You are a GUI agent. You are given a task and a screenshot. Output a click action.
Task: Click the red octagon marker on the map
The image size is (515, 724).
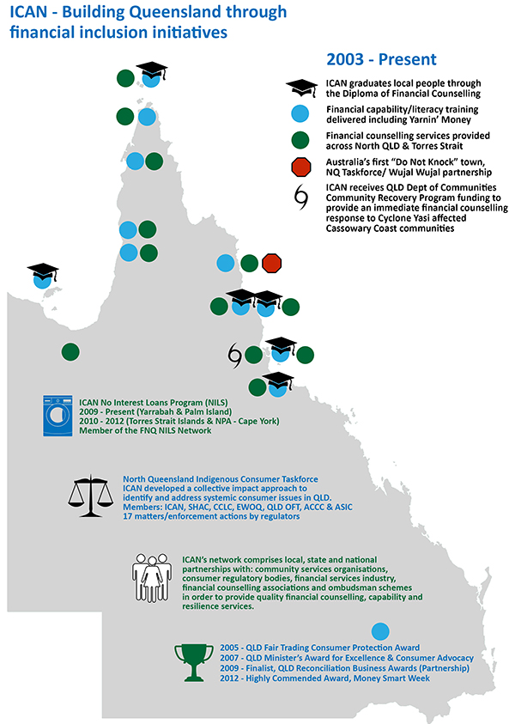[271, 263]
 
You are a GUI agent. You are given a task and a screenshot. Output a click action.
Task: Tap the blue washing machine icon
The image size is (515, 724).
[58, 416]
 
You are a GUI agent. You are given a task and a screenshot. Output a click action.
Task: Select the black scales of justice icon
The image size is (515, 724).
[90, 496]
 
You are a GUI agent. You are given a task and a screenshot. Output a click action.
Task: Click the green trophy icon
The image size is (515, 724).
[194, 662]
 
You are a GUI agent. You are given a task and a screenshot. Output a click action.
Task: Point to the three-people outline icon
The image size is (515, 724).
[152, 578]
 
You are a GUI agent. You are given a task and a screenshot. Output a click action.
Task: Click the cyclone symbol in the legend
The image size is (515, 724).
[301, 198]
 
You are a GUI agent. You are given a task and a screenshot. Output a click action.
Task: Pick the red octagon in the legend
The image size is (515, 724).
[301, 167]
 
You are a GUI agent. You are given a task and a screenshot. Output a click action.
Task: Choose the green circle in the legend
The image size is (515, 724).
[300, 140]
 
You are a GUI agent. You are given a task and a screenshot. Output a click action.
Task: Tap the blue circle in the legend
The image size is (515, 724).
[300, 113]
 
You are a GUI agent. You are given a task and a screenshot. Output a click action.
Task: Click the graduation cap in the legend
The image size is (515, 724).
[302, 88]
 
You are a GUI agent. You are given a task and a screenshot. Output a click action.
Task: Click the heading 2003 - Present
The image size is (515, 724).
[381, 59]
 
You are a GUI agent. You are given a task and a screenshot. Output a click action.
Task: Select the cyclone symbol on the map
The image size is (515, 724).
[235, 355]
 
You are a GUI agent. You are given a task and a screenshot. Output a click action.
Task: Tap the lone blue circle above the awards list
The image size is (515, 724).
[380, 631]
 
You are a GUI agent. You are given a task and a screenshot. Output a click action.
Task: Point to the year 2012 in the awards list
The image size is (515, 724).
[230, 678]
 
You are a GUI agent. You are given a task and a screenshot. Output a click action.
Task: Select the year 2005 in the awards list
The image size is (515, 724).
[230, 648]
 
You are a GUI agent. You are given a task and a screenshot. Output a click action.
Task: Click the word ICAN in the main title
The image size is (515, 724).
[28, 12]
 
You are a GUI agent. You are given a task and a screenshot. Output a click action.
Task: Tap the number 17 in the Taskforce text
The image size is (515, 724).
[127, 516]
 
